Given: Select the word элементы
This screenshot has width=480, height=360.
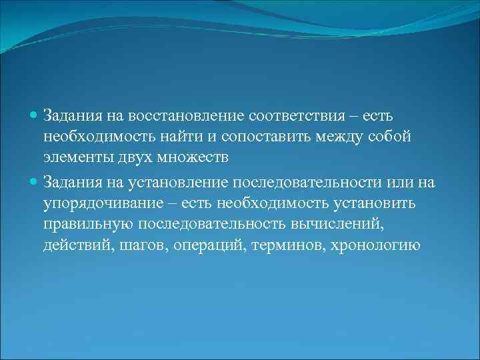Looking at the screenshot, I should (75, 158).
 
